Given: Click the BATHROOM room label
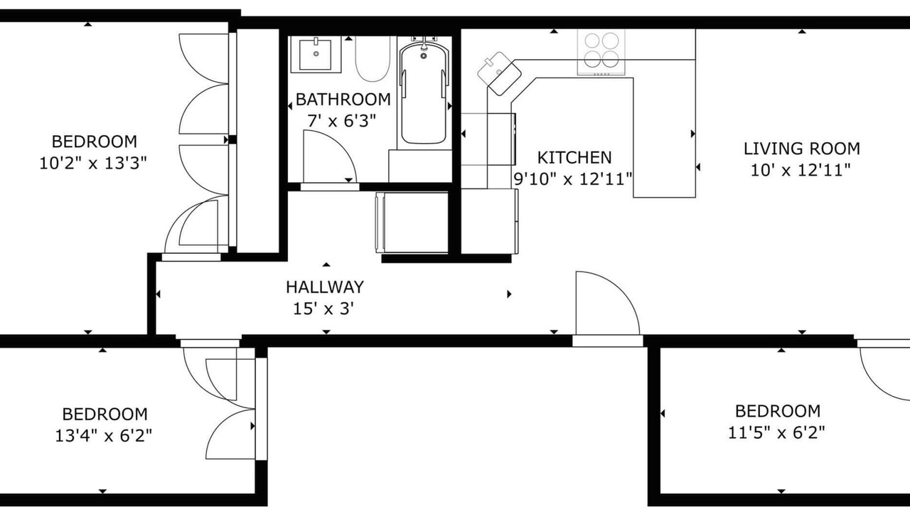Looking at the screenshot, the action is [343, 100].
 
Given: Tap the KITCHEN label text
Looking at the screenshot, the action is [574, 158].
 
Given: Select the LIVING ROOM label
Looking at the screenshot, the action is [801, 149].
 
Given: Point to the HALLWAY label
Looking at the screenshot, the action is [325, 287].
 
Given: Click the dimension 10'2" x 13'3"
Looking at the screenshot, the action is [93, 164].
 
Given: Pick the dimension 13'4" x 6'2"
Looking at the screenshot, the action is [104, 436].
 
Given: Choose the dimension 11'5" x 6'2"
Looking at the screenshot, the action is [777, 433].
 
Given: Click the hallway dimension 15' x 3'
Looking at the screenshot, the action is [323, 309].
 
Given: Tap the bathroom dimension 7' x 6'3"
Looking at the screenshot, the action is [342, 121].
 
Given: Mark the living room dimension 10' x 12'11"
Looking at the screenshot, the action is [801, 170].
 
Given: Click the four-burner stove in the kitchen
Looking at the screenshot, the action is [601, 52].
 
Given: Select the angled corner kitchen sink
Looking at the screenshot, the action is [499, 73].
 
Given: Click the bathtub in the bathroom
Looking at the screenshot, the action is [424, 92].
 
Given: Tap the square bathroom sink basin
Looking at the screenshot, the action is [316, 55].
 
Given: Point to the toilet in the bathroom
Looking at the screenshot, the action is [373, 59].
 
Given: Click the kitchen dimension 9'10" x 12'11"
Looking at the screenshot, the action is [573, 178].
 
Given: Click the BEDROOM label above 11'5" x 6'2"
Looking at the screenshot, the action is [778, 411].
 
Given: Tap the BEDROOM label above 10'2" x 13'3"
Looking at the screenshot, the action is [95, 142].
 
